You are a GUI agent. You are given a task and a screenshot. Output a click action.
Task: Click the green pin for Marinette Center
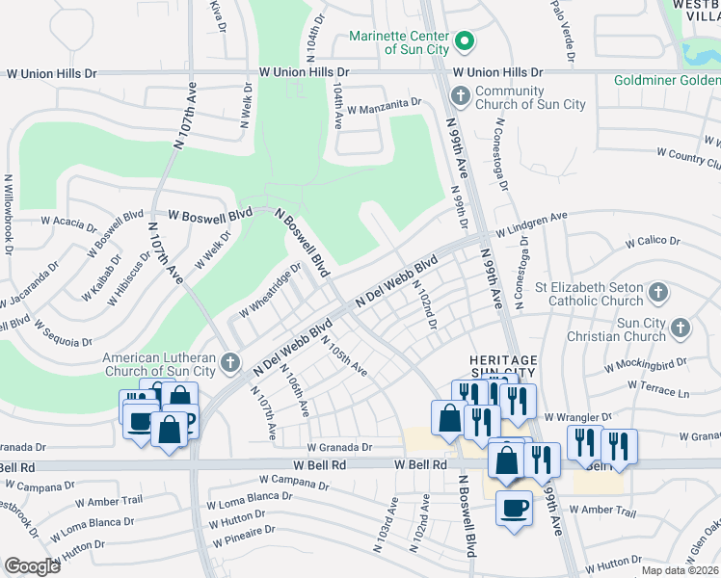click(464, 40)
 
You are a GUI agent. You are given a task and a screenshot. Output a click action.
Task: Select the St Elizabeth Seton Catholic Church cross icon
click(657, 291)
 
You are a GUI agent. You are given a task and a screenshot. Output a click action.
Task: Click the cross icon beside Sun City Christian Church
click(680, 328)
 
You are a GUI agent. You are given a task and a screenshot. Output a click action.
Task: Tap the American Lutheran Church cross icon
click(229, 362)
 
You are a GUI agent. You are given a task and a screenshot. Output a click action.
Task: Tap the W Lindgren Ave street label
click(532, 225)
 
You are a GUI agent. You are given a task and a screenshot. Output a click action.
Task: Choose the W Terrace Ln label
click(658, 386)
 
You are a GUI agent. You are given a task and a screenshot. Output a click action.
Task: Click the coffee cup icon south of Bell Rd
click(514, 508)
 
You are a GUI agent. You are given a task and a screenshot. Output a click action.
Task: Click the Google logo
click(32, 566)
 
